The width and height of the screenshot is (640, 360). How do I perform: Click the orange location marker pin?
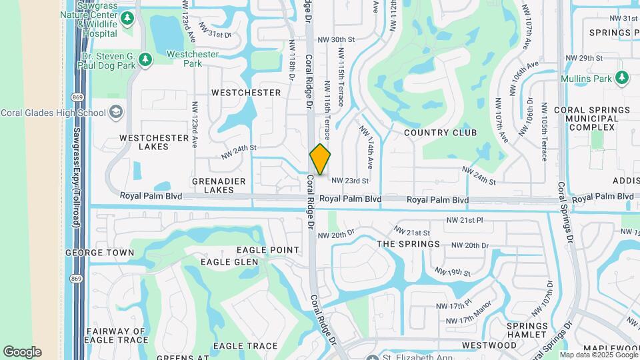click(x=321, y=159)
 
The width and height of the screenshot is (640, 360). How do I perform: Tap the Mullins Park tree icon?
click(x=622, y=78)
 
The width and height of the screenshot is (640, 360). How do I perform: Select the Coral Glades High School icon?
click(x=116, y=112)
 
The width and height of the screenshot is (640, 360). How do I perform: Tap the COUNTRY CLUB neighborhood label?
click(x=441, y=133)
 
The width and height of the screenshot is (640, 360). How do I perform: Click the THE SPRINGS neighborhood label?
click(x=409, y=244)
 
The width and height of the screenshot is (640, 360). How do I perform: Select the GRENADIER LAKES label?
click(x=219, y=185)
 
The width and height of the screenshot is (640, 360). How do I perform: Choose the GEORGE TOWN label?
click(x=99, y=253)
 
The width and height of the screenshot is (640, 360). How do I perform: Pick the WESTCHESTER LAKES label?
click(x=154, y=142)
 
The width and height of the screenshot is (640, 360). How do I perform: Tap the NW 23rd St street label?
click(x=350, y=181)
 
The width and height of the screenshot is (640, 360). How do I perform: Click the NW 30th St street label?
click(x=336, y=40)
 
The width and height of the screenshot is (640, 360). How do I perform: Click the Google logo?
click(x=22, y=351)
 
